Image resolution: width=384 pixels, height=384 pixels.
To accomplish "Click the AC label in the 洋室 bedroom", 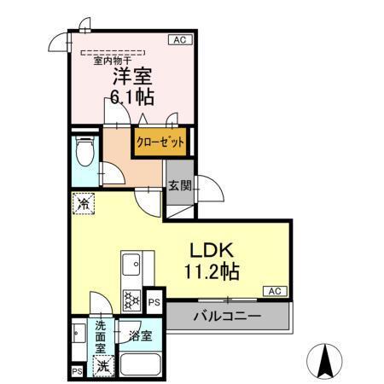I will pyautogui.click(x=179, y=40).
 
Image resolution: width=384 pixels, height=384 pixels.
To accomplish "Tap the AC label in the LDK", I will pyautogui.click(x=275, y=291).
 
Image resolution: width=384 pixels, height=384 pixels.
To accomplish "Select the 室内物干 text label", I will pyautogui.click(x=108, y=60).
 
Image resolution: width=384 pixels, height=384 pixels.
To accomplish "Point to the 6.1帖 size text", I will pyautogui.click(x=132, y=96).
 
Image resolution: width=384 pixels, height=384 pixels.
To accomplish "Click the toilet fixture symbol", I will pyautogui.click(x=84, y=154).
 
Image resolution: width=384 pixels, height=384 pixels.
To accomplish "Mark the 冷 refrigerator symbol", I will pyautogui.click(x=83, y=204).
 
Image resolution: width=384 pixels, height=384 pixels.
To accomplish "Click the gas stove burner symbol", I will pyautogui.click(x=132, y=300).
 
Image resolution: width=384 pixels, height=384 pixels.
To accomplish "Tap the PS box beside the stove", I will pyautogui.click(x=154, y=301).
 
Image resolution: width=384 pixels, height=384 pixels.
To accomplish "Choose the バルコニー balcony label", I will pyautogui.click(x=226, y=317).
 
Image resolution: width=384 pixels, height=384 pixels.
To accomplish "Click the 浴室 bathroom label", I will pyautogui.click(x=141, y=335).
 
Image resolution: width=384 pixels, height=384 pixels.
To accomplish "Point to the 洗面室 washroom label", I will pyautogui.click(x=102, y=335).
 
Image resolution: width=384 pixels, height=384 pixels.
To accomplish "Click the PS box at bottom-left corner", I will pyautogui.click(x=77, y=371).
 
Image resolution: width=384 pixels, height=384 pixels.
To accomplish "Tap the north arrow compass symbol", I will pyautogui.click(x=325, y=360).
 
